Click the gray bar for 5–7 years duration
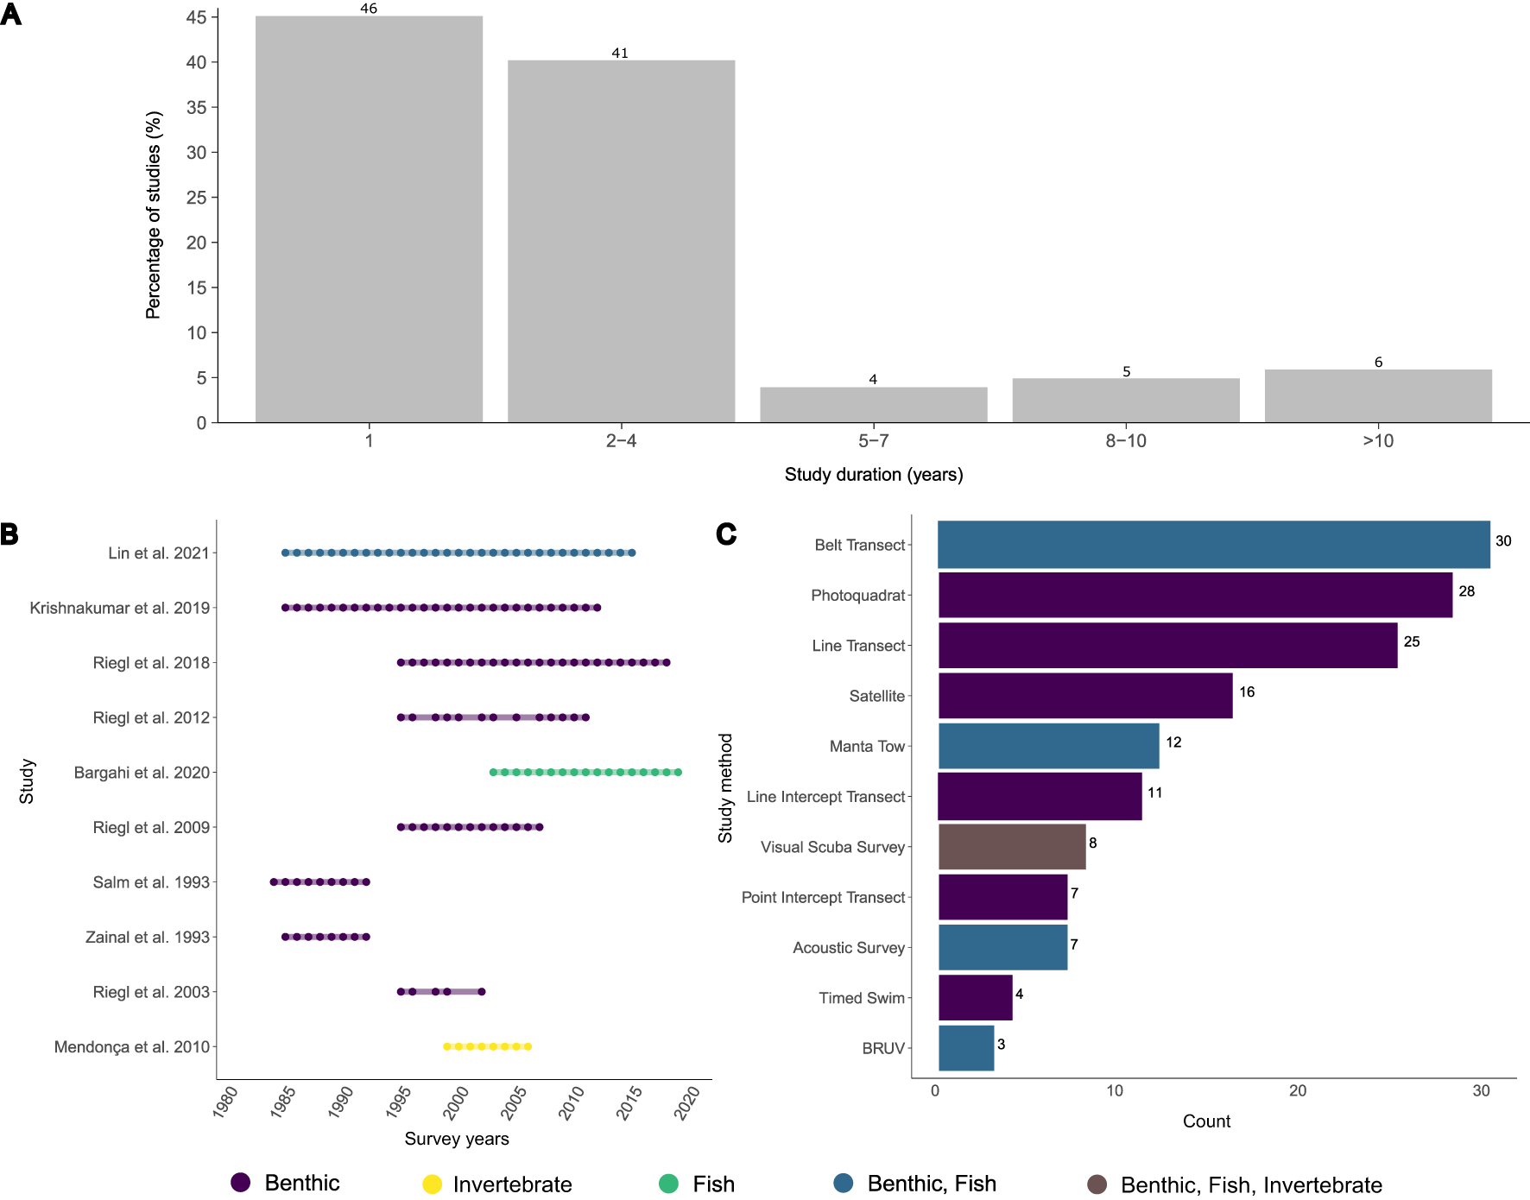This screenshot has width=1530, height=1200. click(873, 405)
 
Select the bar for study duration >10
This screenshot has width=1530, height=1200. click(1378, 396)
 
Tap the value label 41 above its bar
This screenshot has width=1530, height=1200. click(620, 53)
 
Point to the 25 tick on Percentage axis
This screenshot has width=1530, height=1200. click(197, 198)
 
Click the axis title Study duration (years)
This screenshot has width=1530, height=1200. click(873, 474)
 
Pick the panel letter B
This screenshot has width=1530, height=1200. click(9, 534)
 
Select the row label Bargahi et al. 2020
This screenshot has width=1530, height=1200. click(142, 773)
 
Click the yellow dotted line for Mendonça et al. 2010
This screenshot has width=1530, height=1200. click(488, 1046)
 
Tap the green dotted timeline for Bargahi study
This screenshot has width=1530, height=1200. click(585, 772)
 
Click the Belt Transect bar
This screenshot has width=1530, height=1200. click(1213, 545)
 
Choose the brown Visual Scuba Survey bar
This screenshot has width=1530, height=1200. click(1011, 847)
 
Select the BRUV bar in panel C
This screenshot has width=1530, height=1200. click(965, 1048)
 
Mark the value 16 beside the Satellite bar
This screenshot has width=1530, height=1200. click(1247, 692)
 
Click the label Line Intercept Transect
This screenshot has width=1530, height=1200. click(825, 797)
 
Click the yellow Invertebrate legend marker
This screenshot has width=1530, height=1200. click(432, 1184)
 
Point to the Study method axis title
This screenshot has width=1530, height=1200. click(725, 788)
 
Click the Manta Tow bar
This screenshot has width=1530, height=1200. click(1048, 746)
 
